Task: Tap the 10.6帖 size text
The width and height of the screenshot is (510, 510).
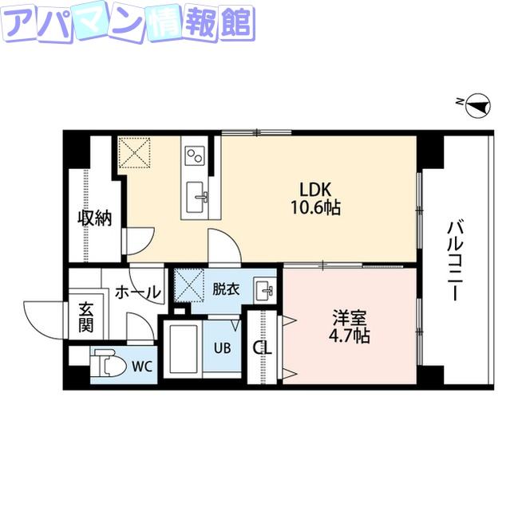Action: coord(316,208)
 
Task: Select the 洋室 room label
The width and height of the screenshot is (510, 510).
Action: coord(350,318)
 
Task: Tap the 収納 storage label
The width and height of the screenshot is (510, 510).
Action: coord(93,218)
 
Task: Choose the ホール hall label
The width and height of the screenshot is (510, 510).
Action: coord(137,292)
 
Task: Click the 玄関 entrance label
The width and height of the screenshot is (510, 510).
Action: coord(85,316)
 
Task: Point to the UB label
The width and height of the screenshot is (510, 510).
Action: coord(222,347)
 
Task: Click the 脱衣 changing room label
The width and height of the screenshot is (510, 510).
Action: coord(226,290)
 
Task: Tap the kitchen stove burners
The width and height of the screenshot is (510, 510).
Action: coord(196,153)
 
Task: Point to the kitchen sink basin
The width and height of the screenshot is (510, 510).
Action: coord(196,195)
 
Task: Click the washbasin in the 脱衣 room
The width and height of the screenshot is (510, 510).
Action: coord(264,289)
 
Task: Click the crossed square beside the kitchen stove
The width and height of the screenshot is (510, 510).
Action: coord(135,153)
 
